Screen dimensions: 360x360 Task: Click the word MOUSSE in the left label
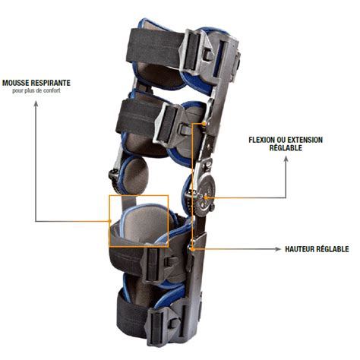coord(15,83)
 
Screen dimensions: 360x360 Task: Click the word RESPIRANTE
coord(50,83)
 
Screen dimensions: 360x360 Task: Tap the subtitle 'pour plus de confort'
coord(36,90)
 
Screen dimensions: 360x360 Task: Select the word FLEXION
coord(261,140)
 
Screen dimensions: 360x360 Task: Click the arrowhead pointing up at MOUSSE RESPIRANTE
coord(36,103)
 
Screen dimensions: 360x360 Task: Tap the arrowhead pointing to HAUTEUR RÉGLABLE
coord(278,249)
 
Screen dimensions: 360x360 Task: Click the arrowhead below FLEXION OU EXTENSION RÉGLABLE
coord(286,159)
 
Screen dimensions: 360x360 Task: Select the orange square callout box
coord(109,221)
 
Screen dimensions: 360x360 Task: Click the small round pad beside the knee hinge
coord(136,173)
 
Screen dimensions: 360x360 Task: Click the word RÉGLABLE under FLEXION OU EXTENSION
coord(286,147)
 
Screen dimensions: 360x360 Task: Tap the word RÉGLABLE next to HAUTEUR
coord(333,249)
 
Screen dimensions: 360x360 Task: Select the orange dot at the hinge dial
coord(205,197)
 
